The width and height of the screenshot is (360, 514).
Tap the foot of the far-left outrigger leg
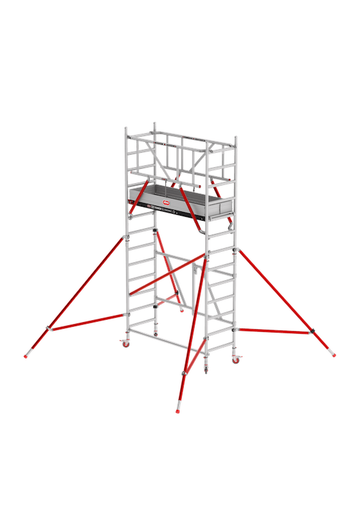pos(27,355)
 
